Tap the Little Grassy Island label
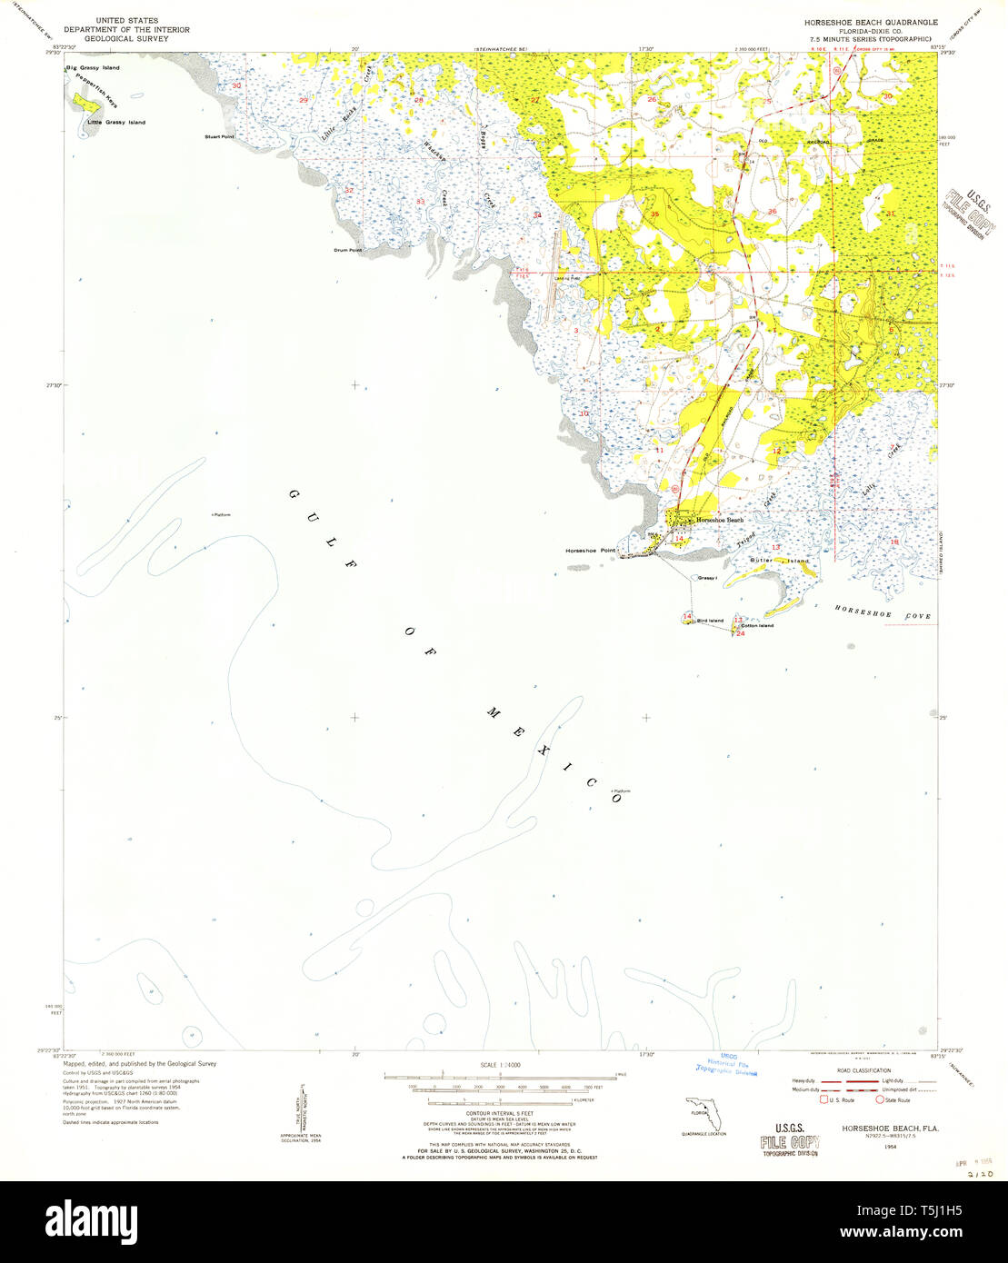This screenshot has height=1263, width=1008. click(x=115, y=123)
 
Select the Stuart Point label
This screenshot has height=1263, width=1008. click(x=219, y=136)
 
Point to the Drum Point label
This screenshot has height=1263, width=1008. click(x=348, y=250)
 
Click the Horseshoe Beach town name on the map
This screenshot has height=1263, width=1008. click(x=720, y=520)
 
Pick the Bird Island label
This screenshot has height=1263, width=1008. click(x=710, y=621)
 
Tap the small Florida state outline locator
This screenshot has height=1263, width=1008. click(x=698, y=1112)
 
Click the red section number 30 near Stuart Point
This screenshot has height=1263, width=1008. click(x=237, y=86)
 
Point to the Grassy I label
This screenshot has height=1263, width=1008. click(x=708, y=578)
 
